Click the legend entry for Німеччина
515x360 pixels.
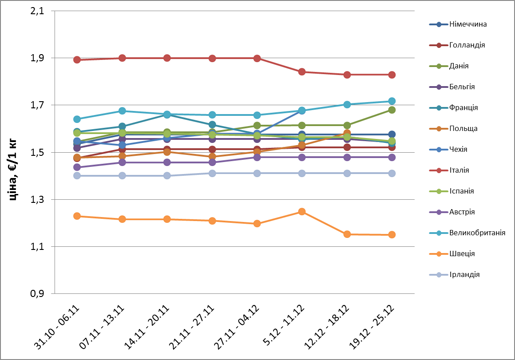pyautogui.click(x=468, y=24)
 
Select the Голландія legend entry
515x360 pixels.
pyautogui.click(x=467, y=45)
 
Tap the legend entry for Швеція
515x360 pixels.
pyautogui.click(x=462, y=253)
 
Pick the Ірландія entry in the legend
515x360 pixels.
pyautogui.click(x=464, y=274)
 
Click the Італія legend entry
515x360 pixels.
pyautogui.click(x=459, y=170)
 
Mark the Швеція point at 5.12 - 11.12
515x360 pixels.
pyautogui.click(x=302, y=211)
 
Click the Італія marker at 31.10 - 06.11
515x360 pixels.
pyautogui.click(x=77, y=59)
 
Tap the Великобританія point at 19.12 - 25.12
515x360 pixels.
pyautogui.click(x=392, y=101)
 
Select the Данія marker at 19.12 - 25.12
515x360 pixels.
pyautogui.click(x=392, y=110)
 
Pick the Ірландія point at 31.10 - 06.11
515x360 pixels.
pyautogui.click(x=77, y=175)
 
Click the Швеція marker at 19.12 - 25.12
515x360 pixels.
pyautogui.click(x=392, y=234)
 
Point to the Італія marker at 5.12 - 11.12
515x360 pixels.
pyautogui.click(x=302, y=71)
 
